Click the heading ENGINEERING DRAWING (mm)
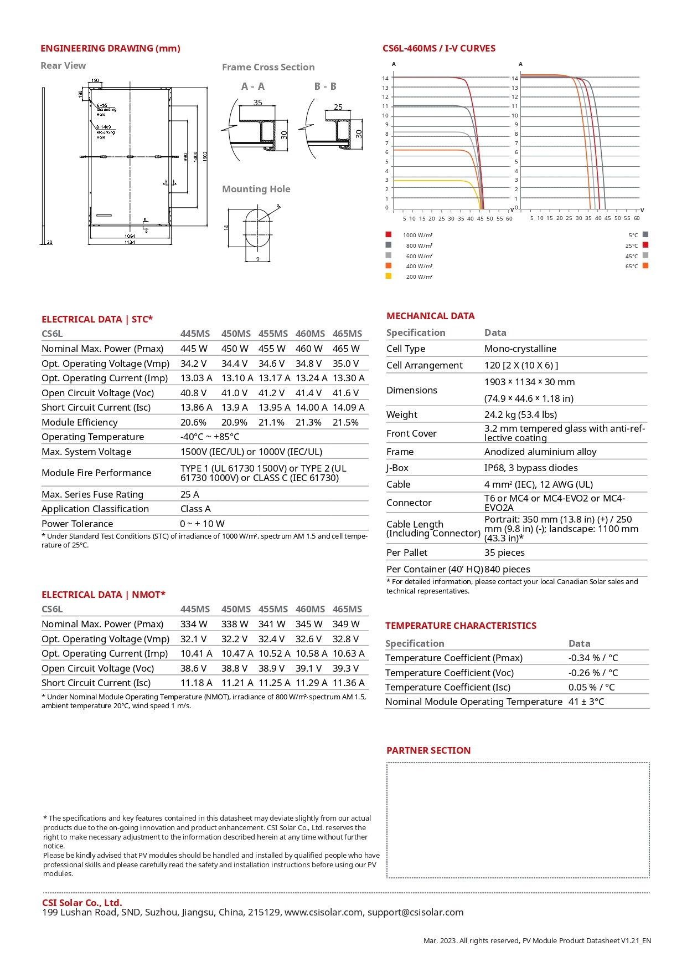(x=110, y=48)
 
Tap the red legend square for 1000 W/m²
(x=389, y=234)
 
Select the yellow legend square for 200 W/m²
(x=389, y=276)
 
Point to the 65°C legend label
(x=632, y=267)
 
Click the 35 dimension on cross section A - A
(x=258, y=103)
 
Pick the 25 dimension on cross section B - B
(x=338, y=107)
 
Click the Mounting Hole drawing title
(x=256, y=189)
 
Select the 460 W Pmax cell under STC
(x=309, y=349)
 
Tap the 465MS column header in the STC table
(x=347, y=334)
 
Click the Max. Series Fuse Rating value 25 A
(x=190, y=494)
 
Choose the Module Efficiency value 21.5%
(x=345, y=422)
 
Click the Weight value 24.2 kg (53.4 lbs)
(x=520, y=415)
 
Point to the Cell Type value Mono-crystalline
(x=520, y=349)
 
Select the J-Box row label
(x=397, y=468)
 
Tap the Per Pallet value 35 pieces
(x=504, y=552)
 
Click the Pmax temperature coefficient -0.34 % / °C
(x=593, y=658)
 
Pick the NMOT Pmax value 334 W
(x=193, y=624)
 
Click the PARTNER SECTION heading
(x=428, y=750)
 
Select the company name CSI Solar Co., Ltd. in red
(x=82, y=903)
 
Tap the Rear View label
(x=63, y=65)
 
